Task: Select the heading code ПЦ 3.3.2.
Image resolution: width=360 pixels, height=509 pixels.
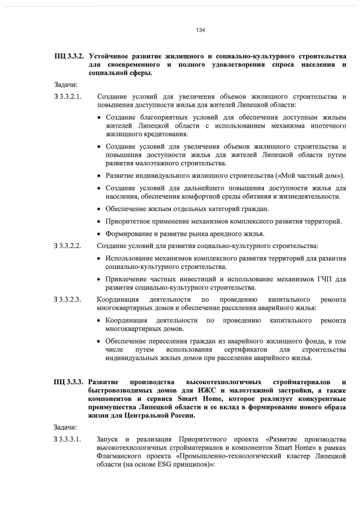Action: click(69, 57)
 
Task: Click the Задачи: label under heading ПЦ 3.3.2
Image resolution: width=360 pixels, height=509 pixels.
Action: click(65, 84)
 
